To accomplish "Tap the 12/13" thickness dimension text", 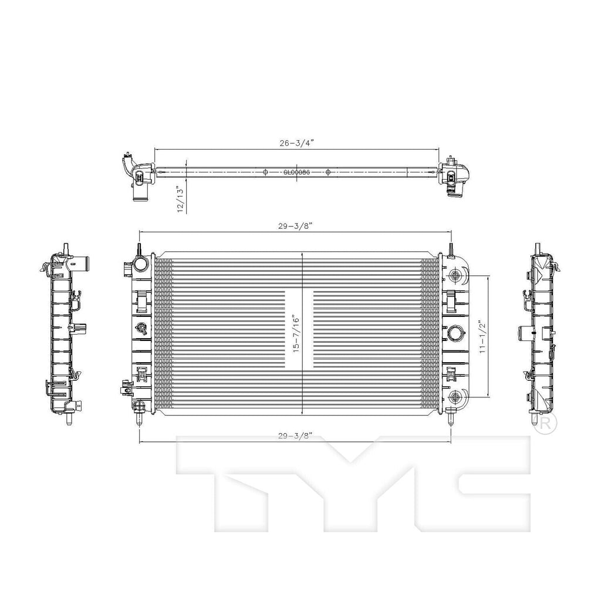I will click(180, 198).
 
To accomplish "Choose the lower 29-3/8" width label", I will click(296, 435).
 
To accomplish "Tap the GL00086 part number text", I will click(296, 173).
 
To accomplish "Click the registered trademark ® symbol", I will click(545, 424).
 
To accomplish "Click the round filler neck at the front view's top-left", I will click(141, 265).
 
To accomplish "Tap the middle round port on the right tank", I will click(455, 334).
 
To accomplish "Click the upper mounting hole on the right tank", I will click(455, 276).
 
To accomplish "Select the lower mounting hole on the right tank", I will click(455, 397).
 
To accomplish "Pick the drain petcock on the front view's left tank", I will click(141, 328).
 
